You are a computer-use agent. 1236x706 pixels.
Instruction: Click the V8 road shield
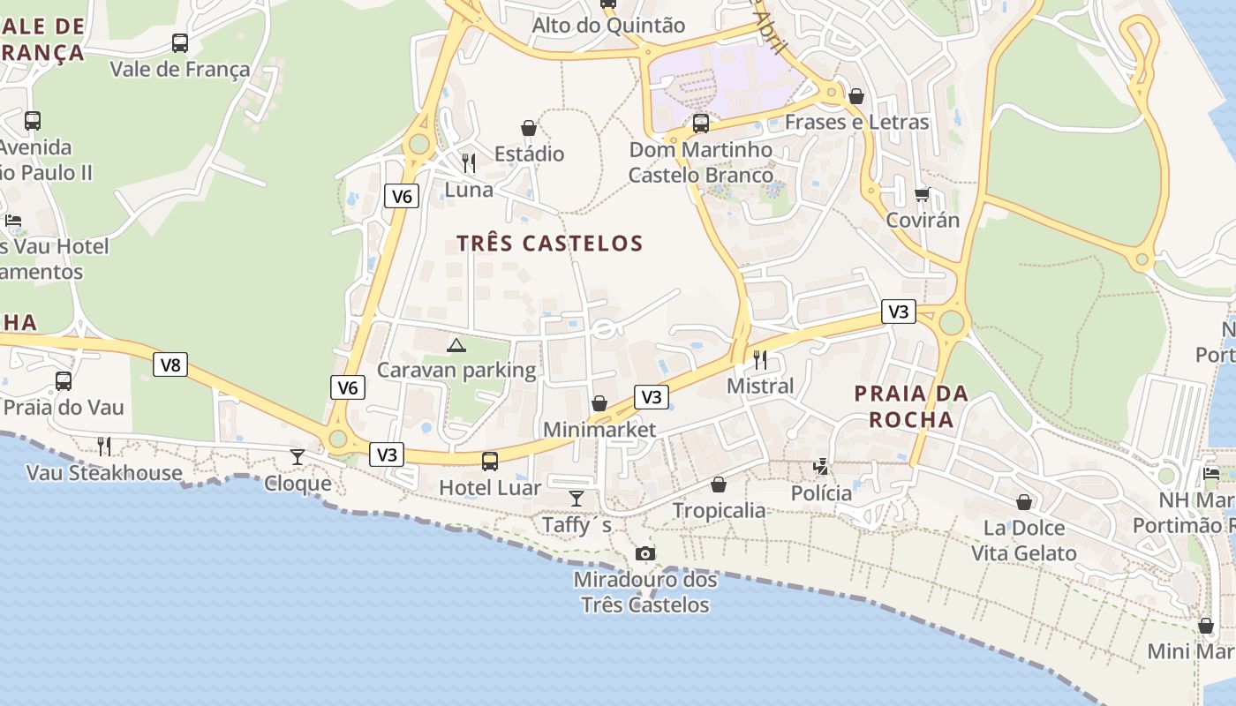pos(170,364)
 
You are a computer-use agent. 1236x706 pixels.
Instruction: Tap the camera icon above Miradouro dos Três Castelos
pos(645,554)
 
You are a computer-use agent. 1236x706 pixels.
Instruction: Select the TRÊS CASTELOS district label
pos(549,244)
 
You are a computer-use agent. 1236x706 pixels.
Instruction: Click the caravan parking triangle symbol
pos(456,345)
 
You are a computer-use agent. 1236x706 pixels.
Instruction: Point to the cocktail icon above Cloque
pos(298,456)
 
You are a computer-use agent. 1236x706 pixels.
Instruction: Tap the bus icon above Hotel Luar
pos(489,461)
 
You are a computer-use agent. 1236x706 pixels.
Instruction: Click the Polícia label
pos(821,493)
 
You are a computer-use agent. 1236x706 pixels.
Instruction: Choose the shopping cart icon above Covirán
pos(923,194)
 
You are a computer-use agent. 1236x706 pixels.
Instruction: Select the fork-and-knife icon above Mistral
pos(759,359)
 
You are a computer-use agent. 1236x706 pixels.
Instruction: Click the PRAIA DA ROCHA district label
pos(911,406)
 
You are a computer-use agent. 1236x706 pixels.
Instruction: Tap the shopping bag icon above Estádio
pos(529,129)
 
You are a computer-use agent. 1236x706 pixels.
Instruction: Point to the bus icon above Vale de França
pos(180,42)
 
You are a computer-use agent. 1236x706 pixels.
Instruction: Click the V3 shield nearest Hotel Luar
pos(387,455)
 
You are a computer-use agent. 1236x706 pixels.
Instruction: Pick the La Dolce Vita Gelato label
pos(1024,541)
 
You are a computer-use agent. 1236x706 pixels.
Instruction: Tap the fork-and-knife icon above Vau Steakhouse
pos(104,446)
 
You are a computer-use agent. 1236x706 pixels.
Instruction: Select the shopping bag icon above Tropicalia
pos(719,484)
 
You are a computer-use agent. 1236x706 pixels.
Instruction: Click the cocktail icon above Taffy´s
pos(577,499)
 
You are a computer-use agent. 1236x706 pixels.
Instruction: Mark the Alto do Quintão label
pos(608,26)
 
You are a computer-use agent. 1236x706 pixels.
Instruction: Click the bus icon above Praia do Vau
pos(64,381)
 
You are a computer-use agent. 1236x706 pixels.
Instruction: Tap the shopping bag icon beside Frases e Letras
pos(855,96)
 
